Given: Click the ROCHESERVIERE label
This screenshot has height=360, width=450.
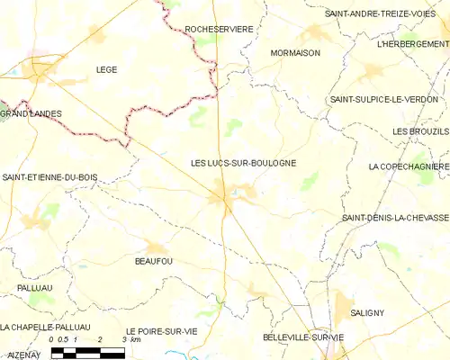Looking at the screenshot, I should tap(219, 30).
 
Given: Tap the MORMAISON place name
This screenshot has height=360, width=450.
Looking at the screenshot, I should tap(295, 53).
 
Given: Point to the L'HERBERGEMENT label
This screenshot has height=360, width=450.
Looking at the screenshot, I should tap(413, 43).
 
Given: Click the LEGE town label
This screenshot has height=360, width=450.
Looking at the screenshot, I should tap(106, 68).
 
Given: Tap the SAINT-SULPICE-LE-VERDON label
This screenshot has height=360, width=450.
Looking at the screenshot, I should tap(384, 99).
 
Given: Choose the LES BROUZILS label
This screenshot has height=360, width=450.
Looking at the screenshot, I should tap(420, 131).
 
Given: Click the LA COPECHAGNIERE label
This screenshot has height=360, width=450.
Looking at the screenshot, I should tap(409, 166).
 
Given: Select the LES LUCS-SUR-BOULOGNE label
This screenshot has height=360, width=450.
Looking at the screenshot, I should tap(243, 163).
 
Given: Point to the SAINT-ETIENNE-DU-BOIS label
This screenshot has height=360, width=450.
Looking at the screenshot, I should tap(49, 178).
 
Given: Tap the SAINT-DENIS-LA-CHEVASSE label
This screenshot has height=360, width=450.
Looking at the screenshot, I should tap(395, 218).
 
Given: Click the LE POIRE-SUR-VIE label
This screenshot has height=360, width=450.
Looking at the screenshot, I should tap(161, 331).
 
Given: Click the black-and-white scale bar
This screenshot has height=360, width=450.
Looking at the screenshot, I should tap(87, 352).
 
